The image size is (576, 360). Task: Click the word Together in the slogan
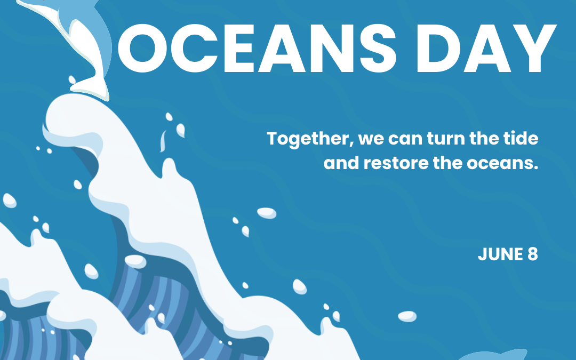(309, 140)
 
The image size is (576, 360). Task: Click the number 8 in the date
(532, 254)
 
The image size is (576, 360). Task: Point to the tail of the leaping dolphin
(89, 86)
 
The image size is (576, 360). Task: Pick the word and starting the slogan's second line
(341, 163)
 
